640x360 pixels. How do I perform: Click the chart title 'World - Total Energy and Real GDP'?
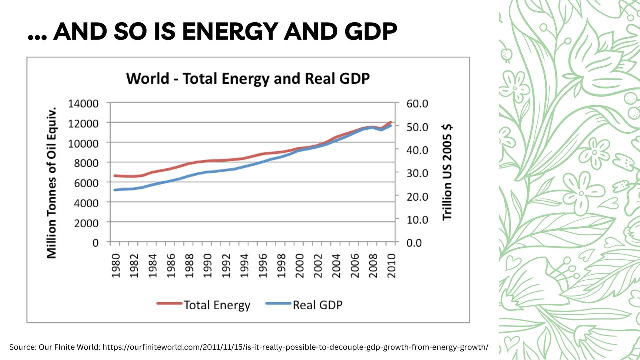(248, 79)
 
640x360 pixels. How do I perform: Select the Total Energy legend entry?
(204, 304)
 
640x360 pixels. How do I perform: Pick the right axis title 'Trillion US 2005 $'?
(447, 172)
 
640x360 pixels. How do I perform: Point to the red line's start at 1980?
(115, 176)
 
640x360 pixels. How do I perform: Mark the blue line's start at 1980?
(115, 190)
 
